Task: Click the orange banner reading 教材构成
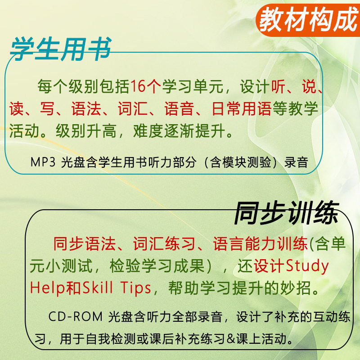[x=308, y=20]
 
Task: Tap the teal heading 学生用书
[x=61, y=49]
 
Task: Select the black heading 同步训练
[x=286, y=213]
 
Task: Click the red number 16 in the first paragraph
[x=139, y=86]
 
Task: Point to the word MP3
[x=43, y=162]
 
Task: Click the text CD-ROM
[x=75, y=317]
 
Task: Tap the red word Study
[x=307, y=266]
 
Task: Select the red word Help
[x=48, y=288]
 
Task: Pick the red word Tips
[x=136, y=288]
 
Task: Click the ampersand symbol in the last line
[x=231, y=339]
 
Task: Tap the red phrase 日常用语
[x=242, y=108]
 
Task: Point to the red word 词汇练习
[x=164, y=243]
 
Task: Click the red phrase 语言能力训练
[x=261, y=243]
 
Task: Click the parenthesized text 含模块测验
[x=241, y=162]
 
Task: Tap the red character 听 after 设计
[x=278, y=86]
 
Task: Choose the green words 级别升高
[x=86, y=131]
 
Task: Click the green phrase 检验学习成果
[x=157, y=266]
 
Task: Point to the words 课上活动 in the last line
[x=261, y=339]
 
